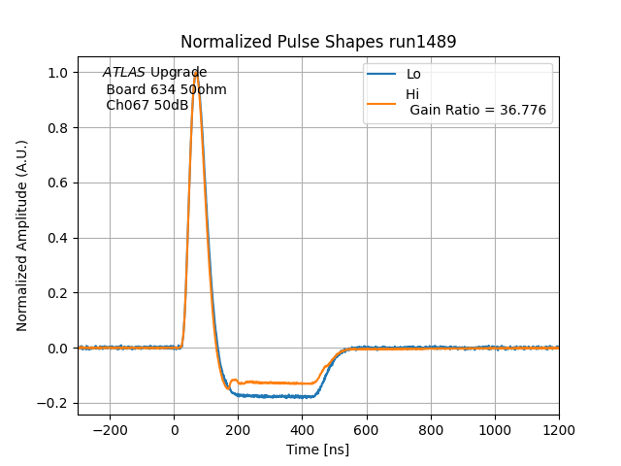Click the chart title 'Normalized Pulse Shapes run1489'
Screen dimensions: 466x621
pos(318,42)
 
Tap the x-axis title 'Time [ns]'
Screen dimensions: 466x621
pos(317,449)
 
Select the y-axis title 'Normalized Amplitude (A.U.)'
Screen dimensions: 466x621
pos(22,236)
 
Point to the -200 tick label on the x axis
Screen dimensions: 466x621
pos(110,429)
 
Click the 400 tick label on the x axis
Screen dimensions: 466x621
pos(302,429)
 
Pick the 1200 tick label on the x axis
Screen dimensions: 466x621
pos(558,429)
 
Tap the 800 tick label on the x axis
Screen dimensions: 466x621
pos(430,429)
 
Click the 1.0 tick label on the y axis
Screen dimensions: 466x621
pos(58,73)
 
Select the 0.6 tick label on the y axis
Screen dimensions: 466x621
pos(58,183)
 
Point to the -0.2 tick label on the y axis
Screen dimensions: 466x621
pos(54,404)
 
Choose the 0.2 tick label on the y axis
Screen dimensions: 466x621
pos(58,293)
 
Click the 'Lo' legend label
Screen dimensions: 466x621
pos(413,74)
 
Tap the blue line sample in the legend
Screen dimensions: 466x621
pos(382,74)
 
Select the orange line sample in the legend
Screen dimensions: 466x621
pos(382,102)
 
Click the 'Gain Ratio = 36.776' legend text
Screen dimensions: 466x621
pos(477,111)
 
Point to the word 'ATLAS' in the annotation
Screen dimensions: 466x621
pos(124,73)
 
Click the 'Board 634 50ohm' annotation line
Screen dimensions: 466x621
pos(166,89)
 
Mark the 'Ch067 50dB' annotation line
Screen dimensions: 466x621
pos(147,105)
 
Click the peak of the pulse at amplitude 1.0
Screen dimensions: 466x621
pos(196,73)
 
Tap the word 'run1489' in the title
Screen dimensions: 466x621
pos(419,42)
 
